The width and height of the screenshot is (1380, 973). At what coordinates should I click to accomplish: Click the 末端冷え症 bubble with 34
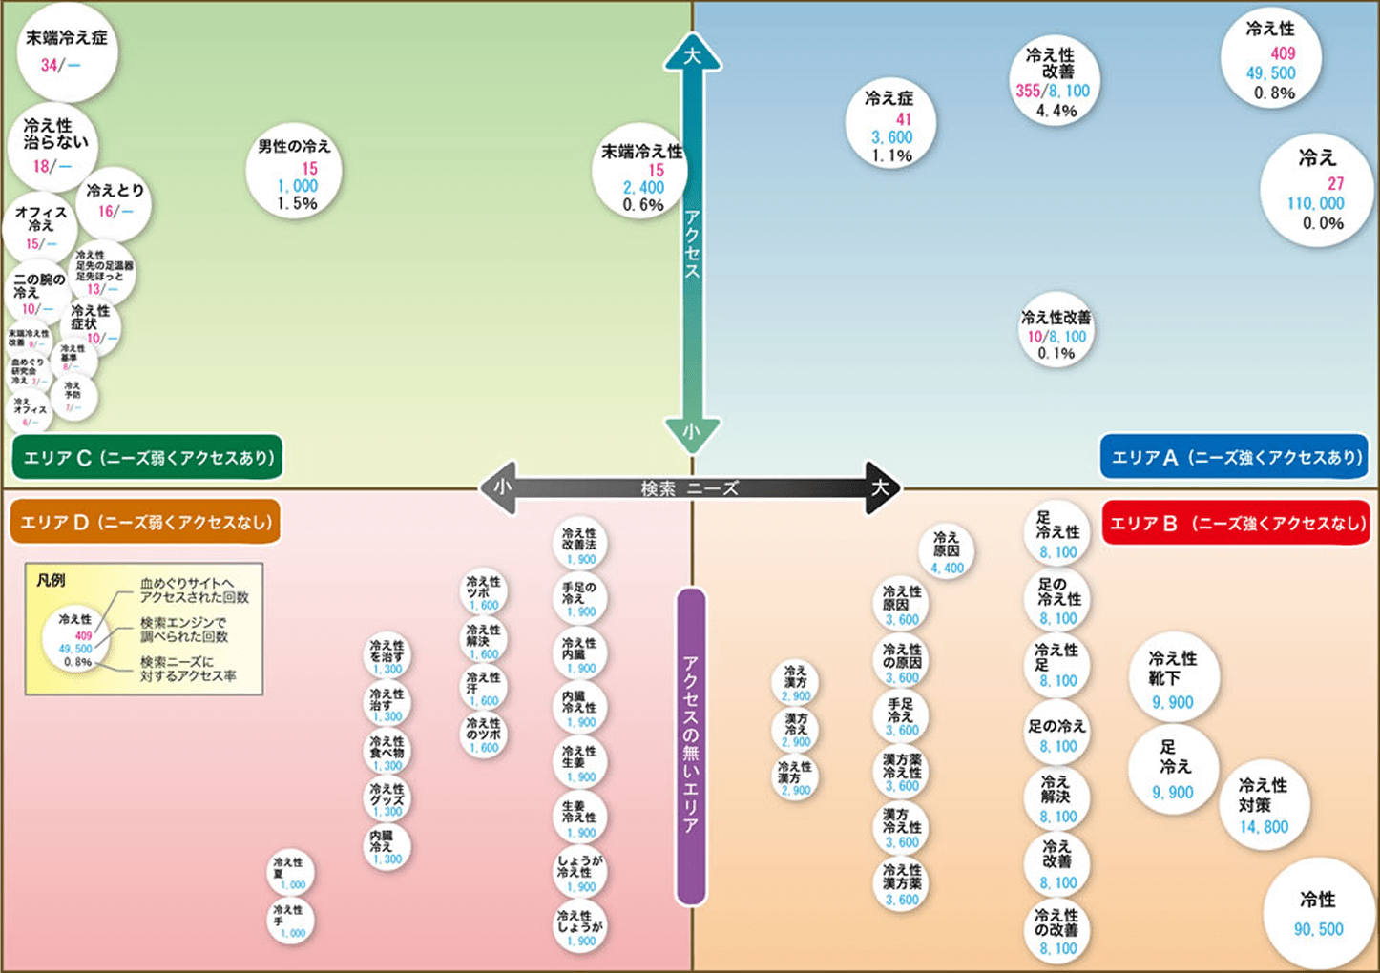(67, 52)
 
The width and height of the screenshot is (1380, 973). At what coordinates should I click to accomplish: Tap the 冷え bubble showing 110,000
(1317, 190)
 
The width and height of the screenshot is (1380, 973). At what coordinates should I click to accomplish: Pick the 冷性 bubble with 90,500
(1318, 914)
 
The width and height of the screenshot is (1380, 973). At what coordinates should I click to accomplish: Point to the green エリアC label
(148, 458)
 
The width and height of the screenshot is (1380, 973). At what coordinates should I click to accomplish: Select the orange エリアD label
(145, 522)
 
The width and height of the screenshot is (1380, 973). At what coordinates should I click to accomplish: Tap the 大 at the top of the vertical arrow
(692, 55)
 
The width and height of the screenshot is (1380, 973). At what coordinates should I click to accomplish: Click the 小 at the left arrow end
(502, 487)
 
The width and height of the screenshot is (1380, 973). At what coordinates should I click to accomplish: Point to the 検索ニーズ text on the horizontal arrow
(689, 488)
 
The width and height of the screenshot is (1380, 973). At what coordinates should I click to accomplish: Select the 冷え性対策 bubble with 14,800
(1264, 805)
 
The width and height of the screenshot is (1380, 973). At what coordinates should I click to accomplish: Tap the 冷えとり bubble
(115, 201)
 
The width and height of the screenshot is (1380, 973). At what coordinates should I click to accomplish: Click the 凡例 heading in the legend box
(51, 580)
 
